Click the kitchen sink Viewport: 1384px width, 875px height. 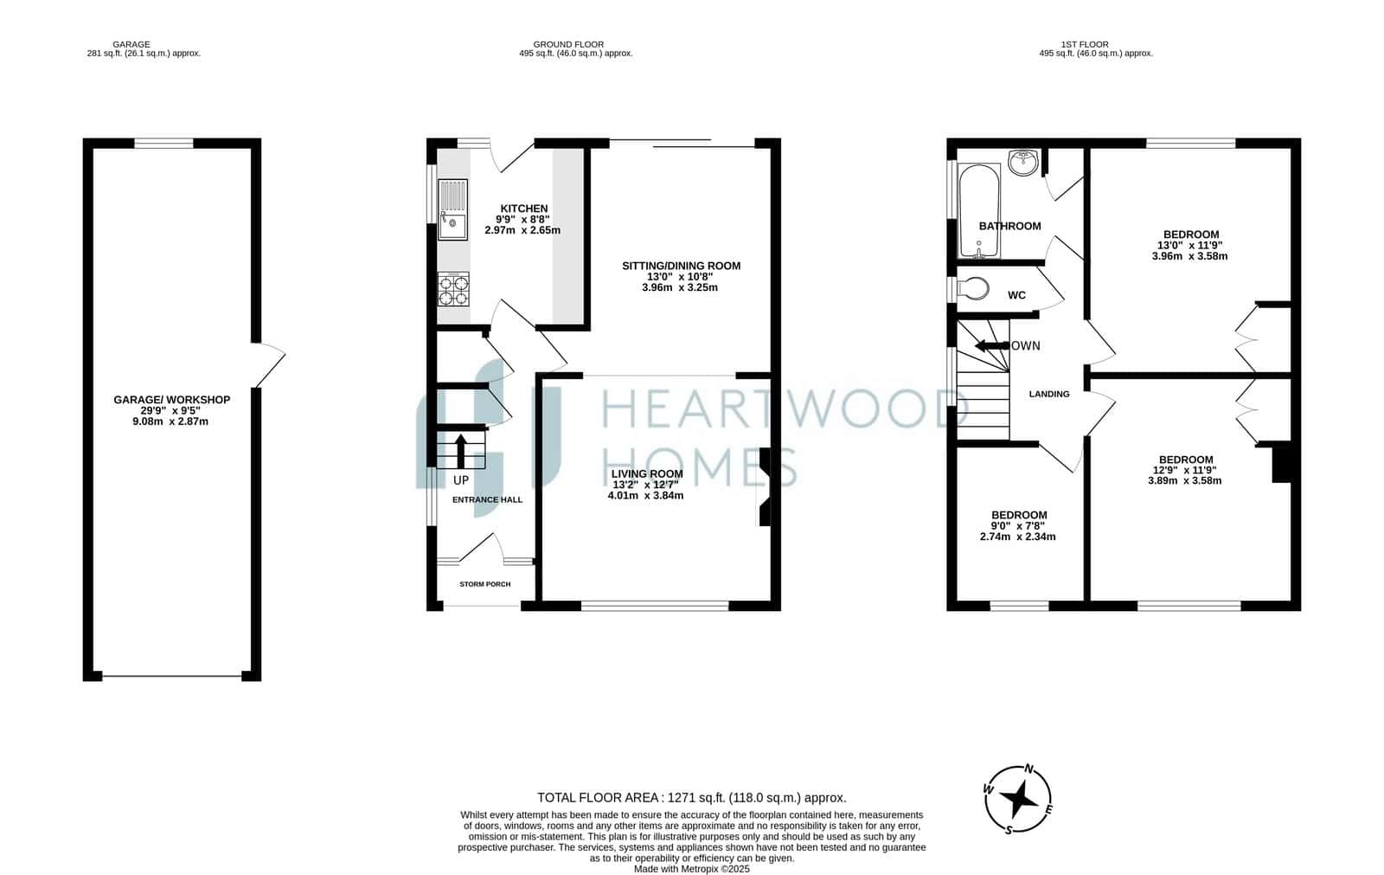pyautogui.click(x=453, y=209)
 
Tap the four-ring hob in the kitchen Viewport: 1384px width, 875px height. pyautogui.click(x=453, y=289)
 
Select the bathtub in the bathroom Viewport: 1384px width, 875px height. pyautogui.click(x=979, y=211)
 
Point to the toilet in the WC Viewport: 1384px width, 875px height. pyautogui.click(x=973, y=289)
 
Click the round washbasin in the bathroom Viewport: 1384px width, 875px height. pyautogui.click(x=1024, y=162)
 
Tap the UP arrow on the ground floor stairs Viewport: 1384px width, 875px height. pyautogui.click(x=461, y=451)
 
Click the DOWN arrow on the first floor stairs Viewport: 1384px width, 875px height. pyautogui.click(x=991, y=345)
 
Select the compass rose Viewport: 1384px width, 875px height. pyautogui.click(x=1017, y=799)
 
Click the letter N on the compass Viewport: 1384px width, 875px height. pyautogui.click(x=1029, y=769)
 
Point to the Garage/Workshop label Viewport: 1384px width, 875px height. pyautogui.click(x=172, y=400)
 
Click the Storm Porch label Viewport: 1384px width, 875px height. pyautogui.click(x=485, y=583)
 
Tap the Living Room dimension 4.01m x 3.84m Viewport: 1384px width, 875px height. pyautogui.click(x=645, y=495)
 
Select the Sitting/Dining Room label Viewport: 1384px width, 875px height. pyautogui.click(x=681, y=266)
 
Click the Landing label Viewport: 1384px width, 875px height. pyautogui.click(x=1049, y=394)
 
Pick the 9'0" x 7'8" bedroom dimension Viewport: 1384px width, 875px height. pyautogui.click(x=1018, y=525)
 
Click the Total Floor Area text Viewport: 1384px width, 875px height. pyautogui.click(x=692, y=798)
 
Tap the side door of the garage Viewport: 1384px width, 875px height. pyautogui.click(x=269, y=365)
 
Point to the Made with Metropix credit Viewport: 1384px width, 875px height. pyautogui.click(x=692, y=869)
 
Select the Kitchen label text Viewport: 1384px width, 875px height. pyautogui.click(x=524, y=209)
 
